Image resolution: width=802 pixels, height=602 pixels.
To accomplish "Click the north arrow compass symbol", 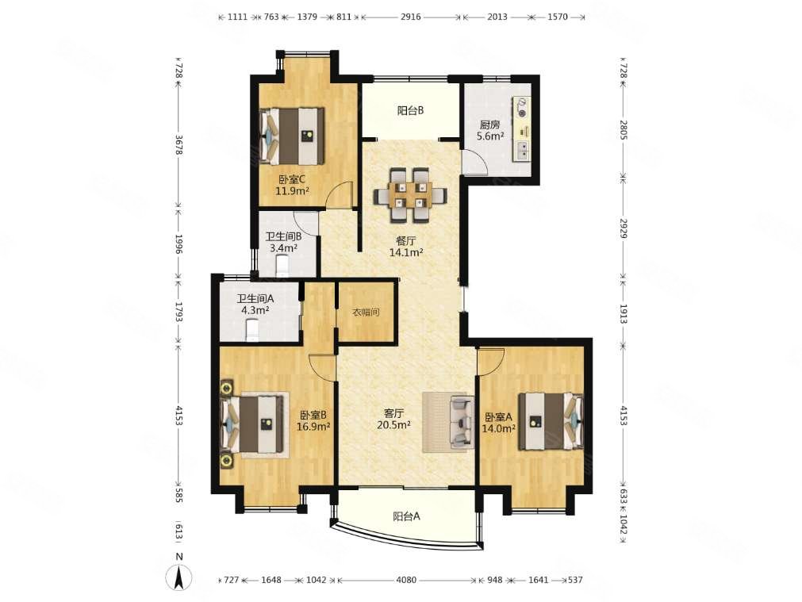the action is coord(179,578).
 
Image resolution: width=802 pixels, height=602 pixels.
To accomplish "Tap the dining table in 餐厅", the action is coord(410,195).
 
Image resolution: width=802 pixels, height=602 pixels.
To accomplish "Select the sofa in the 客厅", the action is coord(462,422).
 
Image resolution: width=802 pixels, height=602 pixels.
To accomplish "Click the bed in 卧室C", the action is coord(292,136).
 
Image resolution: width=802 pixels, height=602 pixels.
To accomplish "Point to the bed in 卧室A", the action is coord(551,421).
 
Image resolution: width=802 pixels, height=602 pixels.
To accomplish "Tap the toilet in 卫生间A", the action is coord(253,330).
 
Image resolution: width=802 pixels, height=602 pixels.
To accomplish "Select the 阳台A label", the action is coord(407,516).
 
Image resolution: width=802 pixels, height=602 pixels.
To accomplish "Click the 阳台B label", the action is coord(410,110).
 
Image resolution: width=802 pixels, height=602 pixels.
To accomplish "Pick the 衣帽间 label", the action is coord(366,312).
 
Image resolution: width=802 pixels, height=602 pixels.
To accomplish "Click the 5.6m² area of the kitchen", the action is coord(490,136).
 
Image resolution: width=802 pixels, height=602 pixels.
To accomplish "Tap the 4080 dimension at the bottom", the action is coord(407,580).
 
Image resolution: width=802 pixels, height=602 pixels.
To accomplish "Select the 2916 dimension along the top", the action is coord(411,17).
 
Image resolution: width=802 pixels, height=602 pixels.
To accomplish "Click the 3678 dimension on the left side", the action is coord(178,144).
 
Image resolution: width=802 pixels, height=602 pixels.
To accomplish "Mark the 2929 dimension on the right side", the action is coord(623,228).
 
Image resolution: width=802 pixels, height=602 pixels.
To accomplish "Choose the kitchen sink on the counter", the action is coord(524,149).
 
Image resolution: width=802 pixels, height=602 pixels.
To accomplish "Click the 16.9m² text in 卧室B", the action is coord(313,427).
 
